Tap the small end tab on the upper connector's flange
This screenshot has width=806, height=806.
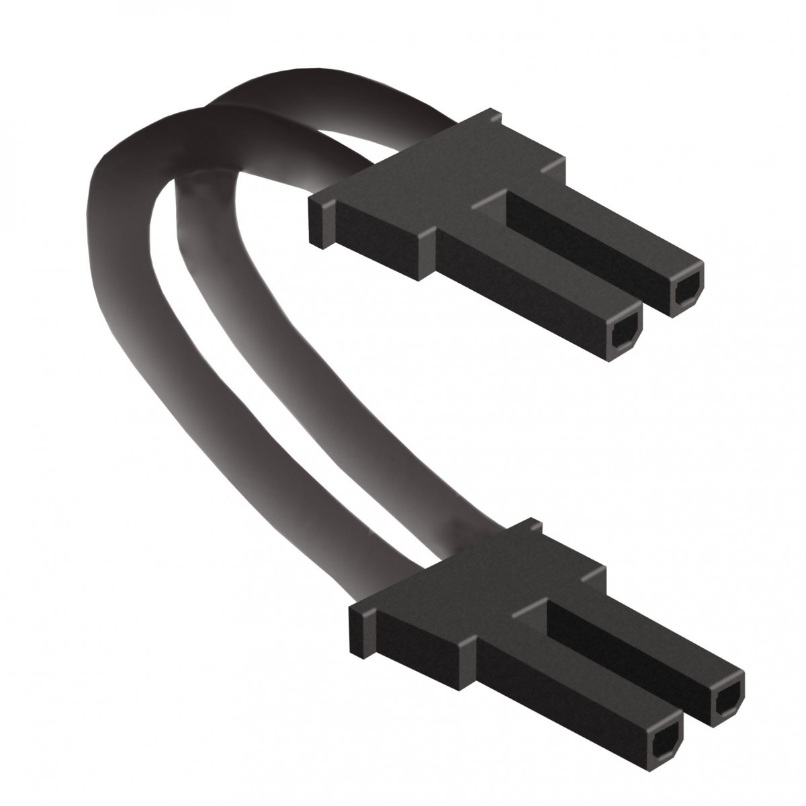point(319,222)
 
